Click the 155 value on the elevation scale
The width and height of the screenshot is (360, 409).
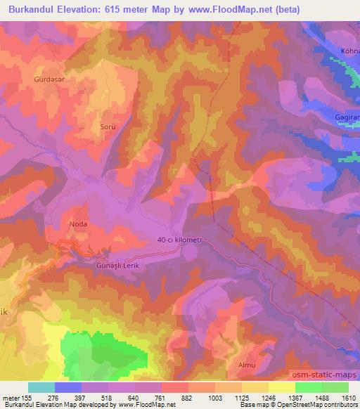click(x=28, y=398)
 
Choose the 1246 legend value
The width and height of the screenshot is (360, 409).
click(x=268, y=398)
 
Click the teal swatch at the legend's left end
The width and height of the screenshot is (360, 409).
click(x=41, y=387)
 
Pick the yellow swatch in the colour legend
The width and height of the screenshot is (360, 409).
click(x=281, y=387)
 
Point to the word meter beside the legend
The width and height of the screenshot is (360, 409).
click(x=11, y=398)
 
